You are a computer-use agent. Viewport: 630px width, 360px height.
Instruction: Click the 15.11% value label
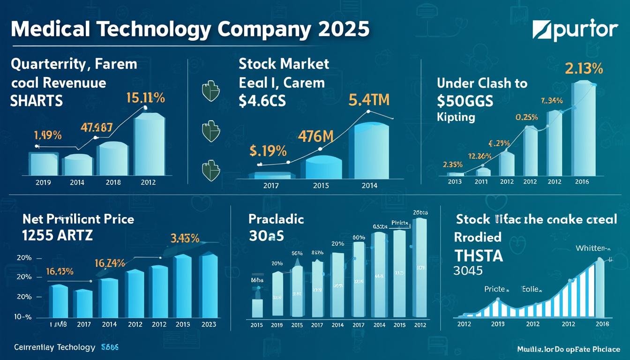tap(145, 98)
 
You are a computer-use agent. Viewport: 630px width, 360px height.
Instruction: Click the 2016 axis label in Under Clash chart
tap(581, 181)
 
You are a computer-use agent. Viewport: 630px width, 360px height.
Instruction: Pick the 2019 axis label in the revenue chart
tap(43, 182)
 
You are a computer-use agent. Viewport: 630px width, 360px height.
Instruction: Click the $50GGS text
tap(465, 101)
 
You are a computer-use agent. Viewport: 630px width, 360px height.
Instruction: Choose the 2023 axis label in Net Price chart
tap(209, 323)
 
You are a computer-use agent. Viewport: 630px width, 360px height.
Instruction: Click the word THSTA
tap(479, 255)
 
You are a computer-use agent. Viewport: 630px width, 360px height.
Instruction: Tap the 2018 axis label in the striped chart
tap(602, 324)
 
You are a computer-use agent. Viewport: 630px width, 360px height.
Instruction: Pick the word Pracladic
tap(276, 219)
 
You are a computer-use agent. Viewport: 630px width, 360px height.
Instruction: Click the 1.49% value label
tap(48, 136)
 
